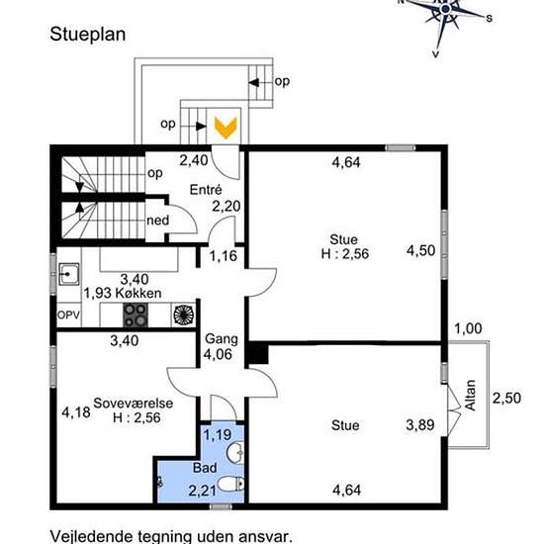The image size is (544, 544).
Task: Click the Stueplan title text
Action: pos(87,35)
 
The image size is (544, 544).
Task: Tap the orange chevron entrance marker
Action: pos(226,128)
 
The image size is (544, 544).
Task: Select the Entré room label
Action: pos(206,190)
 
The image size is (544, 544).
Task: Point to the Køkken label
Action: pos(138,293)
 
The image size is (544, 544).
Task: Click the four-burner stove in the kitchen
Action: pos(136,315)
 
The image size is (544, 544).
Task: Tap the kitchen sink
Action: pos(68,274)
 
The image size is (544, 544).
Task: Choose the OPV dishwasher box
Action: pos(68,315)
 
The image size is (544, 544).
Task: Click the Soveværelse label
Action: pos(134,404)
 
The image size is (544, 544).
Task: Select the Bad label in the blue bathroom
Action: pos(205,468)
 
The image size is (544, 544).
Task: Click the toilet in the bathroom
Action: pos(230,484)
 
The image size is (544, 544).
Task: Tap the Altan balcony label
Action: pos(470,396)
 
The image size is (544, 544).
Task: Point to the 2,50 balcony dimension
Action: pos(506,398)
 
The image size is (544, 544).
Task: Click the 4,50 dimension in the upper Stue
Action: pos(420,250)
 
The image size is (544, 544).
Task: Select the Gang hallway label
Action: pos(222,339)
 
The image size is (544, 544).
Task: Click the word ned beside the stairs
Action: pos(158,221)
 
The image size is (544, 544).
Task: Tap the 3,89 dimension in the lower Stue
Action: pos(420,425)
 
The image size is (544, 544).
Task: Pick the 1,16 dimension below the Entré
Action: pos(224,256)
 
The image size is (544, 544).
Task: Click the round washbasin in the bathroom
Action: pos(235,452)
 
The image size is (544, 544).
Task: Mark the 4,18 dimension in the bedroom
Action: pos(76,412)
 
